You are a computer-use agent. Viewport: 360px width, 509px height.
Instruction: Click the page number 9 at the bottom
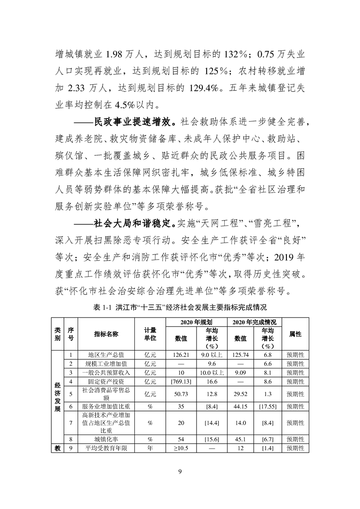coord(180,472)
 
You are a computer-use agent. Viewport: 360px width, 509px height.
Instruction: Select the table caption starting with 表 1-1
coord(180,307)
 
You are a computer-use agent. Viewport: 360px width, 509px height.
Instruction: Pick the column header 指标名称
coord(106,334)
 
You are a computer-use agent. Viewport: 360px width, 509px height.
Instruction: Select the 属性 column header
coord(296,334)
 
